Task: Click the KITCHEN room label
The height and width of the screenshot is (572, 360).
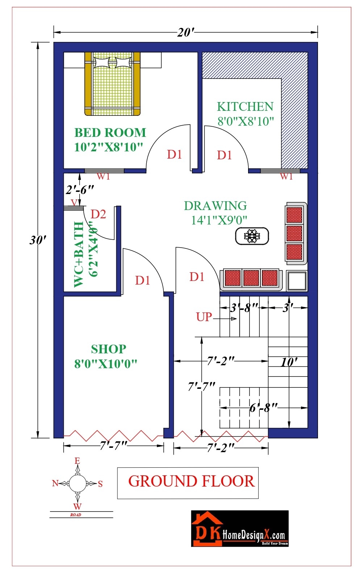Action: coord(245,107)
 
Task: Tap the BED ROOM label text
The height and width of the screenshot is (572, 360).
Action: coord(110,133)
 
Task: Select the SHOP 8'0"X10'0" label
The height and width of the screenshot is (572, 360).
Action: coord(108,356)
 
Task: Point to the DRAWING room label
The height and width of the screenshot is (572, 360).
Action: coord(215,206)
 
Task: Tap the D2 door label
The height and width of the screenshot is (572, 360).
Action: coord(98,214)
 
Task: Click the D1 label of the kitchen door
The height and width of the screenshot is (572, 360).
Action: coord(224,155)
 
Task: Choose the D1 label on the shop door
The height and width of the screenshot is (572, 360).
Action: coord(142,280)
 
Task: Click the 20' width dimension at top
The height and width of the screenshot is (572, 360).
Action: coord(186,33)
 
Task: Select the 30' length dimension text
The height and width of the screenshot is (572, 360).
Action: coord(38,240)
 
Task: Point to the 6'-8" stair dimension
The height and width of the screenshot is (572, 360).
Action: coord(263,408)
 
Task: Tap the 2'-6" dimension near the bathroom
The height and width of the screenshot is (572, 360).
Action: coord(80,190)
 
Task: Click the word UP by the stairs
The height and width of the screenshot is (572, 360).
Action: coord(204,317)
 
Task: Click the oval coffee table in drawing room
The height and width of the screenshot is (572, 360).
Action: coord(252,236)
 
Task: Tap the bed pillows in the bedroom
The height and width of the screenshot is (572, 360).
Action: coord(112,62)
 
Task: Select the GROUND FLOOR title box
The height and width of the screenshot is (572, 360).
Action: coord(188,483)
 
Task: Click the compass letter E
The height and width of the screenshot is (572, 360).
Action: coord(77,461)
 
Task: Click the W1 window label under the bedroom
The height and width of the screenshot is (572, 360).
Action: coord(103,176)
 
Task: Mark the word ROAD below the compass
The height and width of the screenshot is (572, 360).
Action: coord(76,514)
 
